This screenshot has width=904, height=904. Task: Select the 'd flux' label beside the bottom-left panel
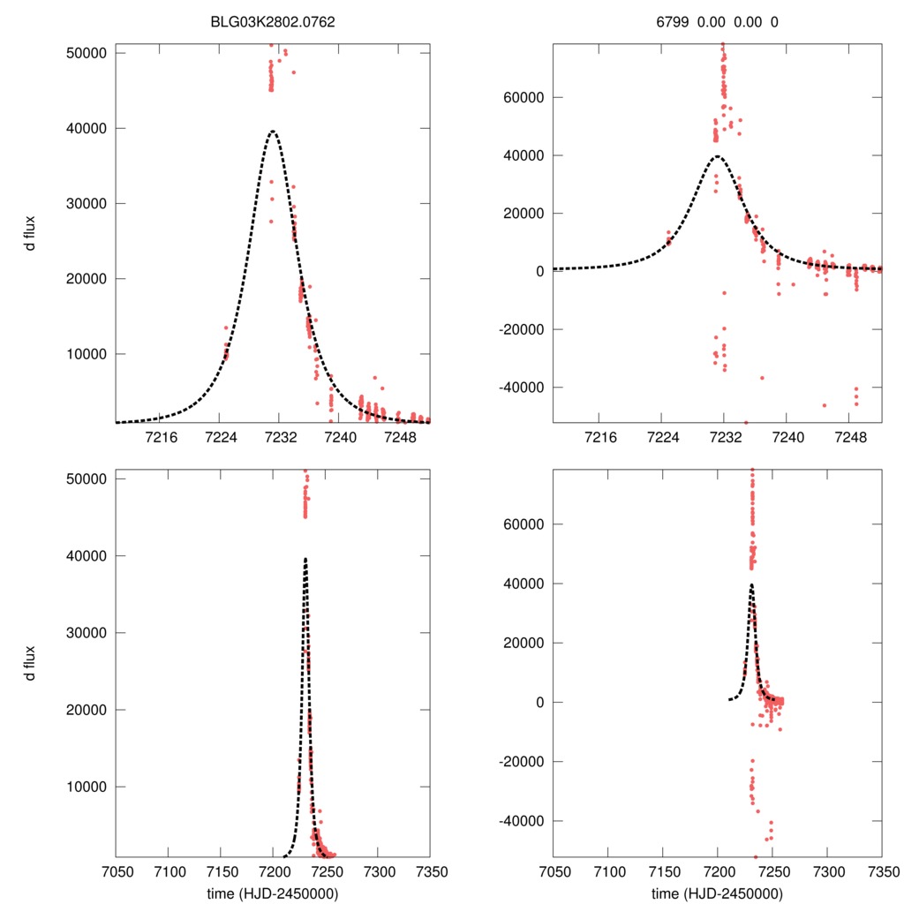click(30, 662)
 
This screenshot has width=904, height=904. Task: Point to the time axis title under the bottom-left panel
click(271, 893)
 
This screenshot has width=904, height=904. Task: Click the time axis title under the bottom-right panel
click(717, 893)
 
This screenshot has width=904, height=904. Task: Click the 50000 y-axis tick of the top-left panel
click(87, 53)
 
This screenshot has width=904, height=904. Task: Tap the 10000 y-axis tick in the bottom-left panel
click(87, 787)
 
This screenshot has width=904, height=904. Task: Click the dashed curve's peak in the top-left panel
click(273, 132)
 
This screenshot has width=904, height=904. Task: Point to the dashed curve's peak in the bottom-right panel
click(751, 584)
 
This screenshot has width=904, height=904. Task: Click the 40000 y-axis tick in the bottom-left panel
click(87, 556)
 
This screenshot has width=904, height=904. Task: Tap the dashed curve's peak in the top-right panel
click(717, 156)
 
